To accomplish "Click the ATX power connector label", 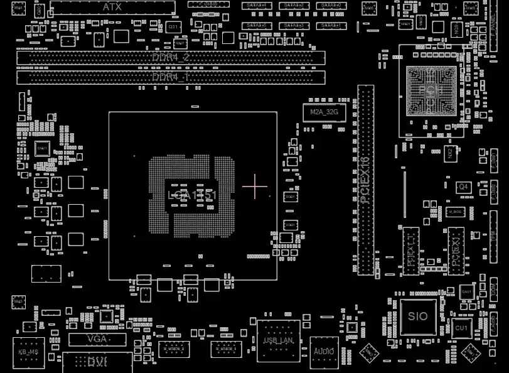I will (x=112, y=7).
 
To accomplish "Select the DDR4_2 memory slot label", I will (x=171, y=57).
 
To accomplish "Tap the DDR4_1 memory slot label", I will (x=171, y=77).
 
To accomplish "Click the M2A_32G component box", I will (x=324, y=112).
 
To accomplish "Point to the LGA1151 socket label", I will (x=193, y=195).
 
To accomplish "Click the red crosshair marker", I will (x=255, y=186).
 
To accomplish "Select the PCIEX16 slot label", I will (x=365, y=180).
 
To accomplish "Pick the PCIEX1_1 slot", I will (x=411, y=250).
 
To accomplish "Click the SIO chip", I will (x=417, y=316).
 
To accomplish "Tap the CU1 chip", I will (x=461, y=328).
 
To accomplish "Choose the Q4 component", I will (x=463, y=187).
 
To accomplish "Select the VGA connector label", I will (x=98, y=339).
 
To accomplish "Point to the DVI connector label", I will (x=97, y=362).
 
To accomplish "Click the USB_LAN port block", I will (x=279, y=341).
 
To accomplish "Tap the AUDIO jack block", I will (x=324, y=350).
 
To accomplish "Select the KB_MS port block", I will (x=29, y=352).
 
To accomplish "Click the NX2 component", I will (x=449, y=153).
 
